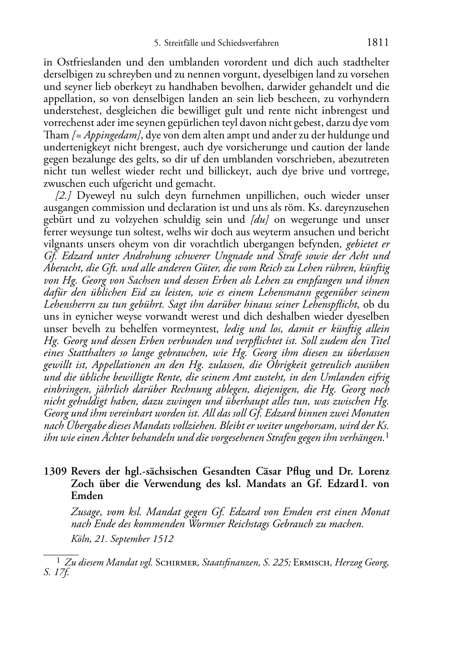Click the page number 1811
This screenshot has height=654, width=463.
click(378, 42)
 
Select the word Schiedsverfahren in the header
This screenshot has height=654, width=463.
click(249, 43)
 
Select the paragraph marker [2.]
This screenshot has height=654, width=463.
click(63, 196)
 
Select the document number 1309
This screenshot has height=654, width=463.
click(55, 472)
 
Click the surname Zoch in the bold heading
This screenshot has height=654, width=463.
click(82, 484)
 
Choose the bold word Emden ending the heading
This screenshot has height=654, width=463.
click(87, 496)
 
